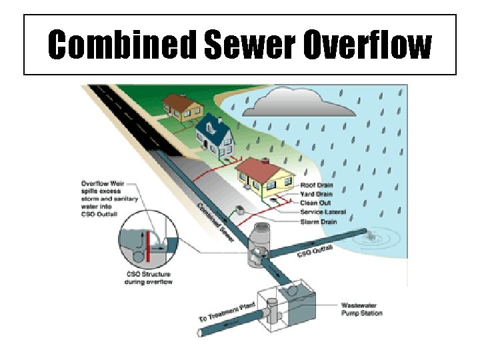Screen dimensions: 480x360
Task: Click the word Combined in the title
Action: tap(122, 45)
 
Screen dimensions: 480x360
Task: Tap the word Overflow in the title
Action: tap(366, 45)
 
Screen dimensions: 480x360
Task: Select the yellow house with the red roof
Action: tap(266, 176)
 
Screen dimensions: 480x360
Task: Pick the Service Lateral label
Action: tap(323, 211)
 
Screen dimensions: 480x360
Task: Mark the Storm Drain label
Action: tap(319, 221)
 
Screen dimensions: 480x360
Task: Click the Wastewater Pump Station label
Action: tap(362, 308)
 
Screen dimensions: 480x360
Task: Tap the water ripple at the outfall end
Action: tap(369, 235)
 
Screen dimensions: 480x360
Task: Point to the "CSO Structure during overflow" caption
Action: tap(147, 277)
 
